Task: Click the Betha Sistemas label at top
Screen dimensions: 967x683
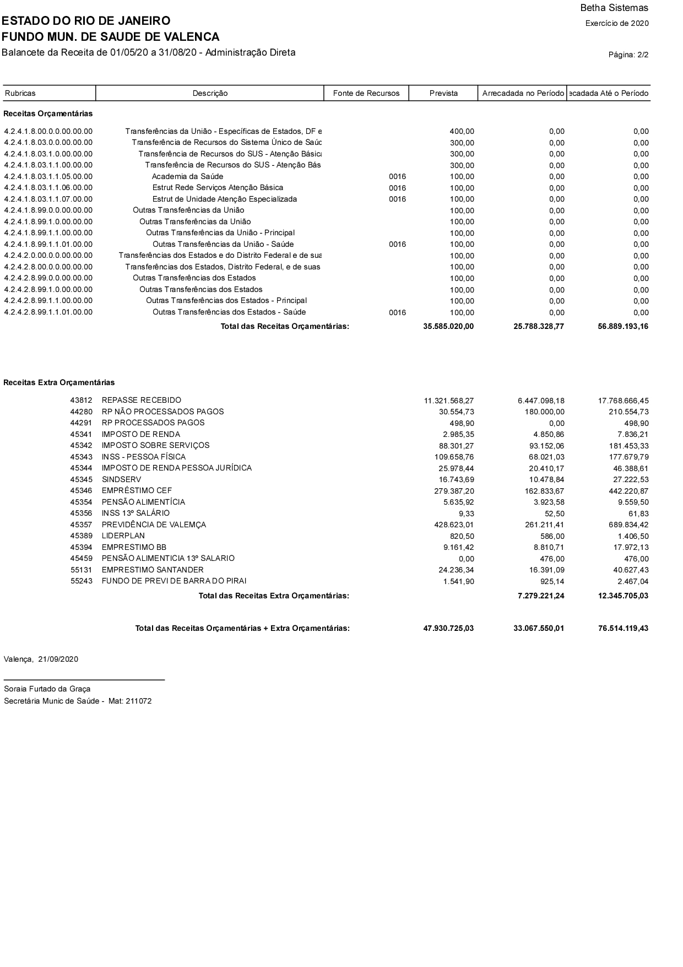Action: [x=614, y=8]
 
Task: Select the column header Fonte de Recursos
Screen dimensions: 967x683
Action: [x=366, y=93]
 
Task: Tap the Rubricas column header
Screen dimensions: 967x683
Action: [x=20, y=93]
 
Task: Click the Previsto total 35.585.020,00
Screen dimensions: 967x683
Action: [x=448, y=326]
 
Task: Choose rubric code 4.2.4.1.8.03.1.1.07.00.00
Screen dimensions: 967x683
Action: [x=48, y=199]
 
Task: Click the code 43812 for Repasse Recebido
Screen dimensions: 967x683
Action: [x=81, y=400]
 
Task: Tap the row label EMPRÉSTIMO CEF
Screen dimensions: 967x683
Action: [x=137, y=490]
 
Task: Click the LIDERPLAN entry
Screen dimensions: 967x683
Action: [x=123, y=536]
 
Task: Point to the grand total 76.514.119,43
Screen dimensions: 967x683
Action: [x=623, y=628]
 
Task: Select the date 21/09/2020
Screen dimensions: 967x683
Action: [x=58, y=659]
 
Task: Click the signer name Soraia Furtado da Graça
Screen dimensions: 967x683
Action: [x=47, y=689]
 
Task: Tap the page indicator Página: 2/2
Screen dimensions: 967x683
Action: [x=628, y=55]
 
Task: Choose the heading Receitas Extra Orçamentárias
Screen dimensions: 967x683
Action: [x=59, y=382]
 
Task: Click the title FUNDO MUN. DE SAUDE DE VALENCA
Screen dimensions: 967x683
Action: [x=111, y=37]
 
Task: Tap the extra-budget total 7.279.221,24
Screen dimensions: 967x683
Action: [x=539, y=596]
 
